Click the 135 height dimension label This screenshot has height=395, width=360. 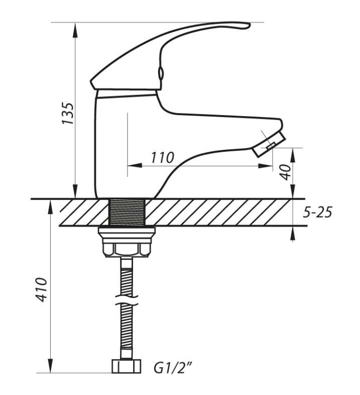(68, 113)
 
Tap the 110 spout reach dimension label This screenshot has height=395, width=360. (162, 158)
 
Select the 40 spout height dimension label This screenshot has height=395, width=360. (286, 172)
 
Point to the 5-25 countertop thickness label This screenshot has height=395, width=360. (317, 212)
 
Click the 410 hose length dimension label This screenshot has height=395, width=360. (41, 289)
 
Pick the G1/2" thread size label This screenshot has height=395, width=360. (174, 368)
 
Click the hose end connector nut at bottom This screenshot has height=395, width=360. (126, 366)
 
